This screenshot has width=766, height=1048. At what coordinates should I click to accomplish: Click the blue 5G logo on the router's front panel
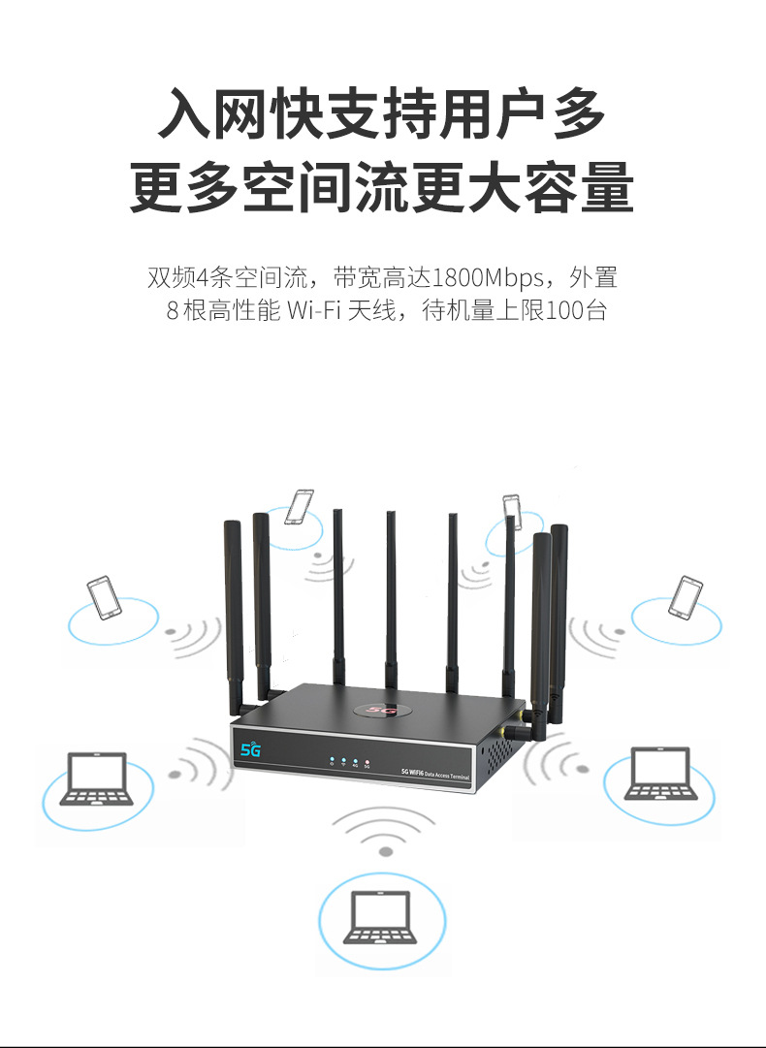[x=251, y=749]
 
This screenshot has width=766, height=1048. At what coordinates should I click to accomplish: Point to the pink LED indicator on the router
[x=367, y=760]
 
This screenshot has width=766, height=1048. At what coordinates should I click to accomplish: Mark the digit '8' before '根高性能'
[x=174, y=312]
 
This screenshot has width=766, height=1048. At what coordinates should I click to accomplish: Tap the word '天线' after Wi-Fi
[x=370, y=312]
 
